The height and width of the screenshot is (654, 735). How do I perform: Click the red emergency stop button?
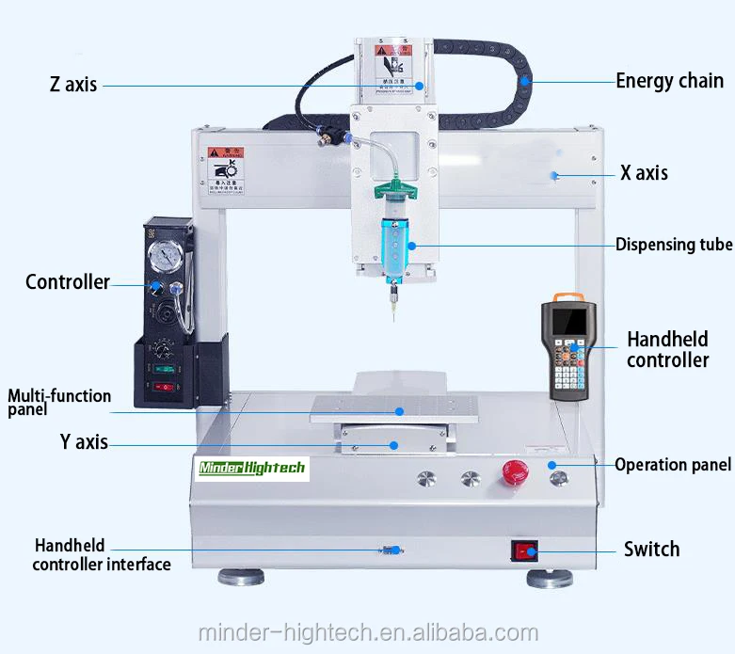click(514, 472)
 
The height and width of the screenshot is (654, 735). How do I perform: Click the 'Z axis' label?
click(73, 85)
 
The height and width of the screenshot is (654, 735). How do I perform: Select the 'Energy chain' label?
click(669, 81)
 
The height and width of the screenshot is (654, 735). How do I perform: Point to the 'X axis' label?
click(644, 173)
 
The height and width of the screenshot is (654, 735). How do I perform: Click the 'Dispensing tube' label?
click(673, 245)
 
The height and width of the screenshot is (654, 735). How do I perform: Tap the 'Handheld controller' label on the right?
click(667, 349)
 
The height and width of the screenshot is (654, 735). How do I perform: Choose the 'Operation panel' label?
click(672, 465)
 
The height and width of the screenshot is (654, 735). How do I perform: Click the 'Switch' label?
click(651, 549)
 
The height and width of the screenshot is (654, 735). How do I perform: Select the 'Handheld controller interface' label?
click(101, 555)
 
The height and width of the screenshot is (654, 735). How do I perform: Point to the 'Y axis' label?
click(83, 442)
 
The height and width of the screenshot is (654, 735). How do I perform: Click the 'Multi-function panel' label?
click(59, 403)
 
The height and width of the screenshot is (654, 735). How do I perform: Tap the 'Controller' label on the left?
click(67, 282)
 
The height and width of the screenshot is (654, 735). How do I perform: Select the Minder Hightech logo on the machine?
click(251, 468)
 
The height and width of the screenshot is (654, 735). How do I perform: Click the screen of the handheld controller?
click(571, 323)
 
